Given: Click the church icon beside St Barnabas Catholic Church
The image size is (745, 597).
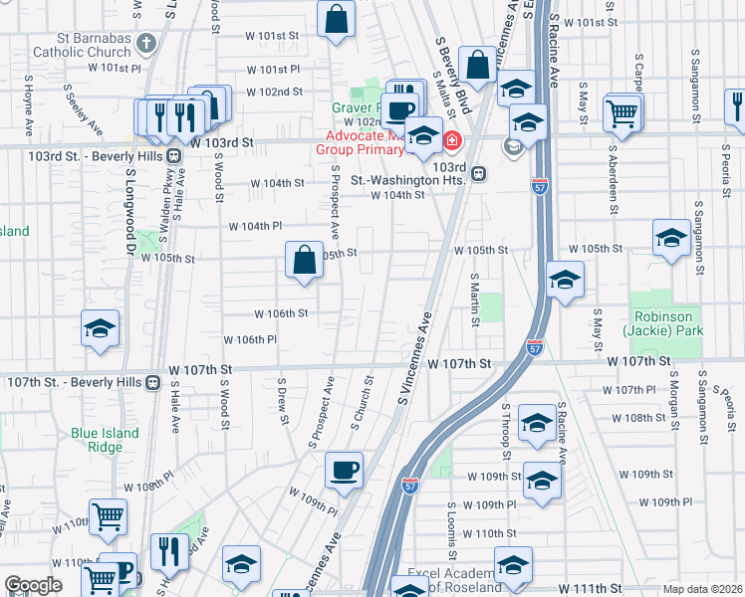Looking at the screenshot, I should [146, 44].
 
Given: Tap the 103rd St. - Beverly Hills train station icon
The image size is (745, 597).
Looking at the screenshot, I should [173, 156].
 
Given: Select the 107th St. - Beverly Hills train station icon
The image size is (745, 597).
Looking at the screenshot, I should [152, 382].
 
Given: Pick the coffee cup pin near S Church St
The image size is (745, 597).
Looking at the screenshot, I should [344, 470].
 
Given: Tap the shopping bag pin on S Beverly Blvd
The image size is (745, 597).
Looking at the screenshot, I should [478, 65].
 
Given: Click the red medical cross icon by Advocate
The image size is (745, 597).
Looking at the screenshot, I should [451, 141].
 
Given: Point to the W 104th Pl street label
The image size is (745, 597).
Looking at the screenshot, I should [256, 226].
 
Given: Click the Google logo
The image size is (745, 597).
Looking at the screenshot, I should [33, 585].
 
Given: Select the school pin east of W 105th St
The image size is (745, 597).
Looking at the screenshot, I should [671, 240].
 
